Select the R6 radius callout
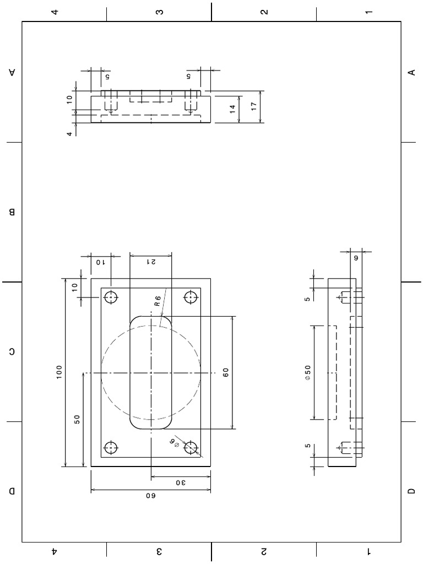(x=158, y=301)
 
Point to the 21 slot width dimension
(x=150, y=263)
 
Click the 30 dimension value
(x=181, y=483)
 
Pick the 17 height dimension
(x=254, y=106)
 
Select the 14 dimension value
(x=232, y=109)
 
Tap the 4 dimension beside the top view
(x=69, y=133)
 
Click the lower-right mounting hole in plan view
(x=191, y=447)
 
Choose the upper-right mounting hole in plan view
(x=191, y=297)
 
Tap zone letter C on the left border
(x=12, y=351)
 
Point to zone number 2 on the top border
(x=264, y=12)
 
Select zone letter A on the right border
(x=411, y=72)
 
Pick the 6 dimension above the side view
(x=355, y=257)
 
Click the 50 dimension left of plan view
(x=77, y=419)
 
